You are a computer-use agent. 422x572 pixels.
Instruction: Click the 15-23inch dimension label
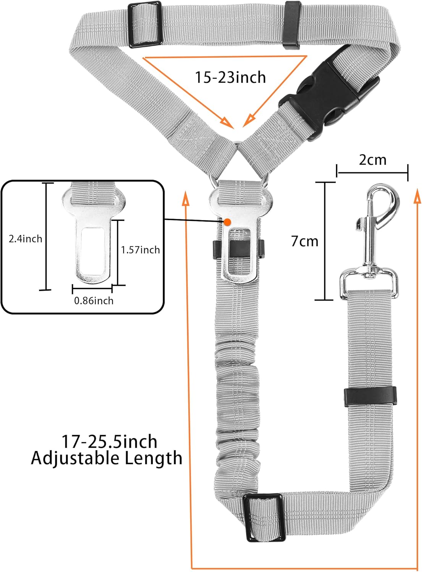pos(230,77)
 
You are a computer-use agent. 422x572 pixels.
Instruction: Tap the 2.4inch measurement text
pos(25,239)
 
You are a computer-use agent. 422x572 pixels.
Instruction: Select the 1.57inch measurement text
pos(141,250)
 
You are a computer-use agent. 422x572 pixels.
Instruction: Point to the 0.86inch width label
pos(94,300)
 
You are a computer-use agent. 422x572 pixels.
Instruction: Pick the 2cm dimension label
pos(372,160)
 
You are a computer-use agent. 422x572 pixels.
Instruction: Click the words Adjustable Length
pos(107,458)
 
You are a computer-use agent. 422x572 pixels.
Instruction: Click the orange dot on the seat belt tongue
pos(227,222)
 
